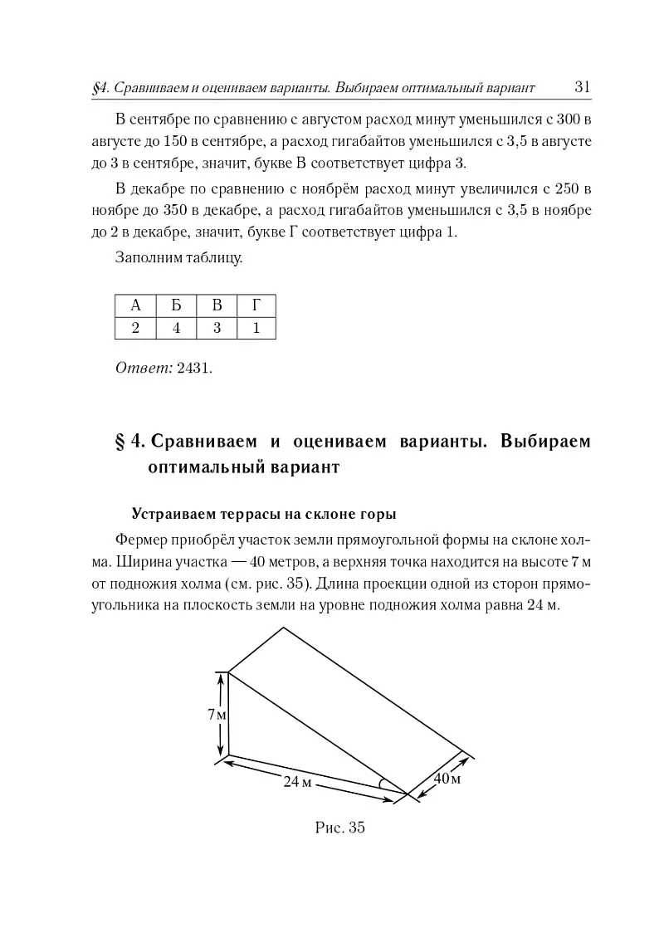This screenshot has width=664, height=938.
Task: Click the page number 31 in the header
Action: click(x=582, y=87)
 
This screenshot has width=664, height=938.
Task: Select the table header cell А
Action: click(x=134, y=305)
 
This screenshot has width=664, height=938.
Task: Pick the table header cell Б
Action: click(x=176, y=305)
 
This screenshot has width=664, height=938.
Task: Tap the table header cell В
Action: click(x=217, y=305)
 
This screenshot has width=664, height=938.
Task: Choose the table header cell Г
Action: click(x=256, y=305)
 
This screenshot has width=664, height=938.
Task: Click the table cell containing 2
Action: click(x=134, y=328)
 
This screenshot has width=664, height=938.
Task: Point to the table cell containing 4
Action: click(x=176, y=328)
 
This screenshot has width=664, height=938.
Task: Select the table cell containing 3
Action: click(x=217, y=328)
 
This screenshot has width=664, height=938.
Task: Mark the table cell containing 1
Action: click(x=256, y=328)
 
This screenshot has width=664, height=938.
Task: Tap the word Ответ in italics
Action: click(x=144, y=367)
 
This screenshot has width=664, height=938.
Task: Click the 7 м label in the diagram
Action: click(x=218, y=714)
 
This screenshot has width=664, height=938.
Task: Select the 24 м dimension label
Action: click(x=297, y=783)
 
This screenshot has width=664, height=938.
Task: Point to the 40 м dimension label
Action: click(x=447, y=779)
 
